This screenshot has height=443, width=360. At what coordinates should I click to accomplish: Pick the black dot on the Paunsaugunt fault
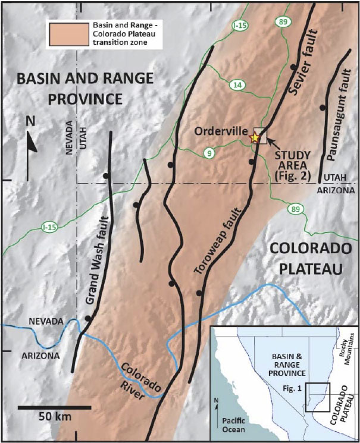point(322,108)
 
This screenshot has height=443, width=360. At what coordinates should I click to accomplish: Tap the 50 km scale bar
point(54,408)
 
